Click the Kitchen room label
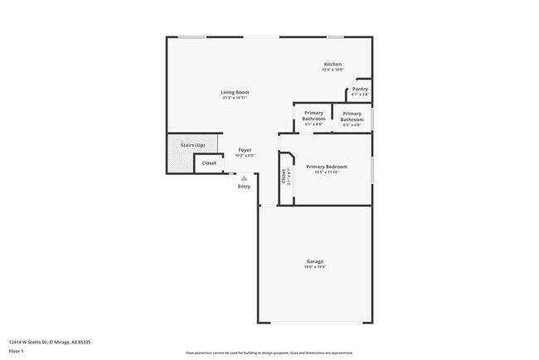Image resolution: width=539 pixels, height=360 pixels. pyautogui.click(x=333, y=64)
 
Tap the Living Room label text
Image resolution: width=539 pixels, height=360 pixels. pyautogui.click(x=235, y=91)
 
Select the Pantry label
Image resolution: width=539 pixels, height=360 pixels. pyautogui.click(x=360, y=89)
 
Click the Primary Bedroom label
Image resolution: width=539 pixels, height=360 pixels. pyautogui.click(x=327, y=167)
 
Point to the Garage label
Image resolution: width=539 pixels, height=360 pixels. pyautogui.click(x=315, y=261)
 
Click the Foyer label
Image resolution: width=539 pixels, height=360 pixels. pyautogui.click(x=245, y=150)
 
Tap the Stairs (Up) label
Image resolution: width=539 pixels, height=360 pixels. pyautogui.click(x=193, y=145)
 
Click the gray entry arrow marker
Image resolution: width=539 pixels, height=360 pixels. pyautogui.click(x=244, y=178)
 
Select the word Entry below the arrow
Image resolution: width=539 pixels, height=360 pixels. pyautogui.click(x=244, y=186)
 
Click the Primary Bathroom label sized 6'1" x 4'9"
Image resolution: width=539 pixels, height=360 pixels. pyautogui.click(x=313, y=115)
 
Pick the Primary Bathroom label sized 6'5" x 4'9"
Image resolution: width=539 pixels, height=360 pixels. pyautogui.click(x=352, y=116)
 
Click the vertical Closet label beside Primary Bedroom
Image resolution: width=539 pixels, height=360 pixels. pyautogui.click(x=284, y=175)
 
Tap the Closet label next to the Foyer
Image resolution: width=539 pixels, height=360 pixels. pyautogui.click(x=209, y=163)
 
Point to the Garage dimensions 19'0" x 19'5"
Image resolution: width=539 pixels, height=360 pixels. pyautogui.click(x=315, y=267)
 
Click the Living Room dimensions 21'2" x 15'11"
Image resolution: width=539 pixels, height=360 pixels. pyautogui.click(x=235, y=97)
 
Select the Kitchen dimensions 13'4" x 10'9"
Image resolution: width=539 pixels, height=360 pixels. pyautogui.click(x=333, y=70)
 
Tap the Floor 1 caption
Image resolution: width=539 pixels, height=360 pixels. pyautogui.click(x=17, y=351)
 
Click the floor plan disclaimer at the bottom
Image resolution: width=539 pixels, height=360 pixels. pyautogui.click(x=269, y=353)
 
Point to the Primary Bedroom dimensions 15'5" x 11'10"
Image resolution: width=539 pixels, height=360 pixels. pyautogui.click(x=327, y=173)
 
